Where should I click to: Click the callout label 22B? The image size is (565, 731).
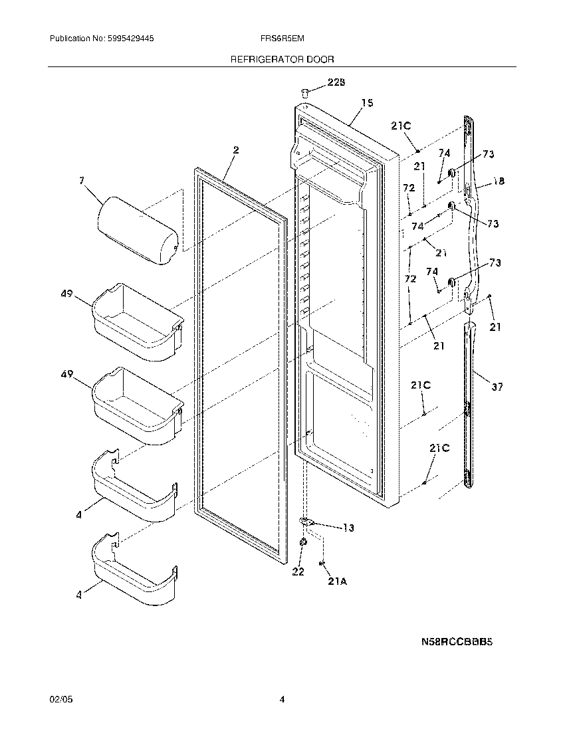336,82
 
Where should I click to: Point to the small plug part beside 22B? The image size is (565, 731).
304,92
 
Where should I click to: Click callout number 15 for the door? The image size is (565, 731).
367,103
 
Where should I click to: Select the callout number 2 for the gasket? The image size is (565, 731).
235,150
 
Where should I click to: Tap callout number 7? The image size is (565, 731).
82,180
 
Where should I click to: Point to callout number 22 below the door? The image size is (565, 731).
298,572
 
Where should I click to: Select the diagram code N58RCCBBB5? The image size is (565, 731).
457,642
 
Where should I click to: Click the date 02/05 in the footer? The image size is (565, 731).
59,699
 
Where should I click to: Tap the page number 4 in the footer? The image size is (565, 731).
282,699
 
